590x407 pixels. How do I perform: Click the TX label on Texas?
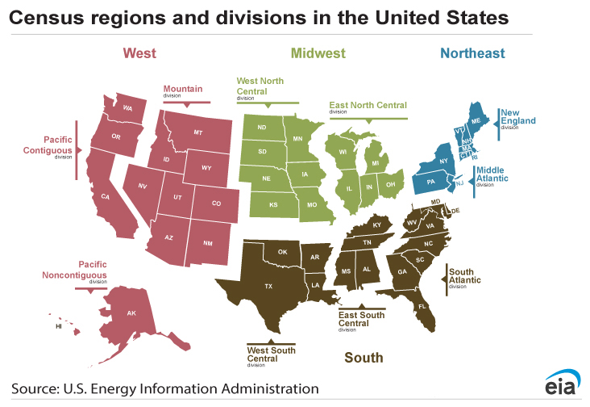(268, 286)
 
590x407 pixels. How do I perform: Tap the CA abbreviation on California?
(105, 196)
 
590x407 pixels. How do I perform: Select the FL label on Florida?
(421, 307)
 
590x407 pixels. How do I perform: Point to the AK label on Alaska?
(131, 313)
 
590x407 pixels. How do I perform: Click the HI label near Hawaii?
(58, 327)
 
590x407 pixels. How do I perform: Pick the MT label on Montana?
(197, 132)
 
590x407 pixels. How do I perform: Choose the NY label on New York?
(442, 162)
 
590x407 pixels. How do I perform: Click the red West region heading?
(139, 53)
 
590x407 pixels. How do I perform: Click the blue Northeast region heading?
(472, 53)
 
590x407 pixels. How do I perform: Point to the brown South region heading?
(364, 357)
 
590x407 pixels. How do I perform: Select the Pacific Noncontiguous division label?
(74, 270)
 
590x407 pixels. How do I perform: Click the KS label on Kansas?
(273, 204)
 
